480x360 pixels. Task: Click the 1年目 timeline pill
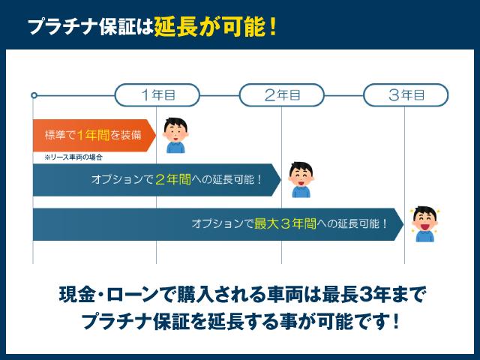pos(157,95)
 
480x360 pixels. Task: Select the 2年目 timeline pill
pos(282,95)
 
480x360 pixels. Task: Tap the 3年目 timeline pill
pos(406,95)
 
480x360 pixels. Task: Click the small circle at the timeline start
pos(34,95)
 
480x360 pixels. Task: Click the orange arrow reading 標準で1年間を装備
pos(90,136)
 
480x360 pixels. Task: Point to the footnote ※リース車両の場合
pos(73,157)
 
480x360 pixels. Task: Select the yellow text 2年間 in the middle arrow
pos(172,180)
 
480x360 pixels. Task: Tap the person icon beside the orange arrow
pos(175,136)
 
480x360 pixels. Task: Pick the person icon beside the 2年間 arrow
pos(300,180)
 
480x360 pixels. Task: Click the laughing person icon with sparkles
pos(424,223)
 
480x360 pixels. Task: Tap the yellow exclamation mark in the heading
pos(272,27)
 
